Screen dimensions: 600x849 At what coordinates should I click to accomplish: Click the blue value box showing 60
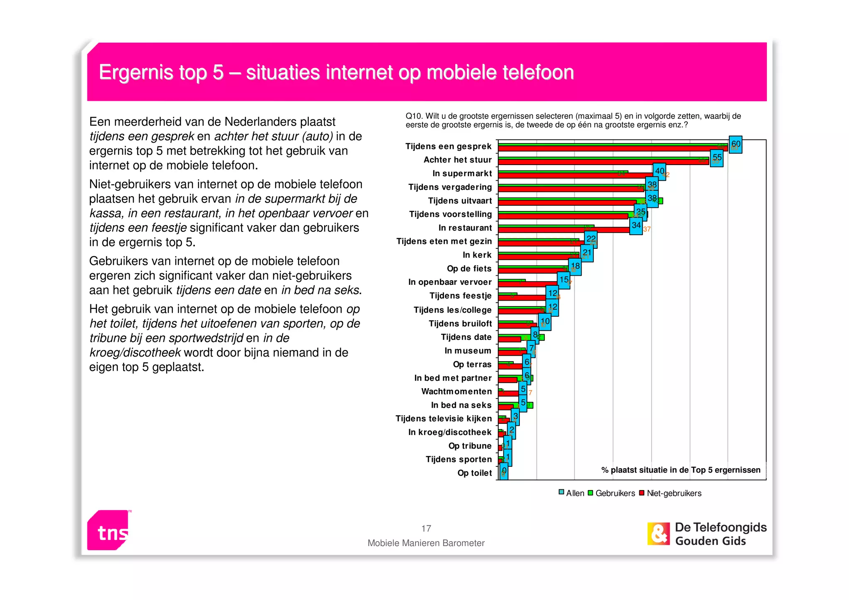[735, 145]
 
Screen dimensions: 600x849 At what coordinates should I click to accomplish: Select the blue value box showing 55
[717, 158]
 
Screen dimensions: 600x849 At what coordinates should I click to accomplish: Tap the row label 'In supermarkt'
[462, 173]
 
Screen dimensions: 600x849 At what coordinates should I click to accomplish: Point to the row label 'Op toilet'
[474, 473]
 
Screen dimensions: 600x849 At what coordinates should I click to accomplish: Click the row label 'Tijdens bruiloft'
[460, 323]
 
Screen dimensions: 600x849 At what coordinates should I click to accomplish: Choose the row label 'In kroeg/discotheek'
[450, 432]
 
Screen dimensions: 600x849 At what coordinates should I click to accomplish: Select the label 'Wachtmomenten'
[456, 391]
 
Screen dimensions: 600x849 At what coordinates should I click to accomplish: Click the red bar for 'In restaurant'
[564, 230]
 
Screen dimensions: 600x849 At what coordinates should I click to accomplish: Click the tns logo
[109, 530]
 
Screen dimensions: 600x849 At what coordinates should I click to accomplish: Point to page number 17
[426, 529]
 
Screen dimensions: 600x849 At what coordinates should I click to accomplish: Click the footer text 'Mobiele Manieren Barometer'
[426, 543]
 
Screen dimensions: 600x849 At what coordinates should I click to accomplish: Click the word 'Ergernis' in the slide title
[136, 73]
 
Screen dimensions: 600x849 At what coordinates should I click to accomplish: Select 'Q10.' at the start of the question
[414, 117]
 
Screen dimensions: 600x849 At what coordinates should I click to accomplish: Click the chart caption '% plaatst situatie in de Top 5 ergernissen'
[681, 470]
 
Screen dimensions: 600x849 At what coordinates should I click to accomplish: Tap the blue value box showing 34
[636, 226]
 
